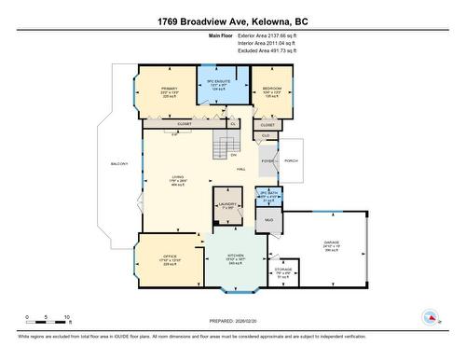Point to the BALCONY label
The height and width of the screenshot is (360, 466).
pyautogui.click(x=118, y=164)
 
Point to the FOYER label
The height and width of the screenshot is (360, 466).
pyautogui.click(x=267, y=159)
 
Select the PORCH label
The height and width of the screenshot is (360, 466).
pyautogui.click(x=290, y=159)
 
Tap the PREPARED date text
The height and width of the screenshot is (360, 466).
pyautogui.click(x=233, y=319)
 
